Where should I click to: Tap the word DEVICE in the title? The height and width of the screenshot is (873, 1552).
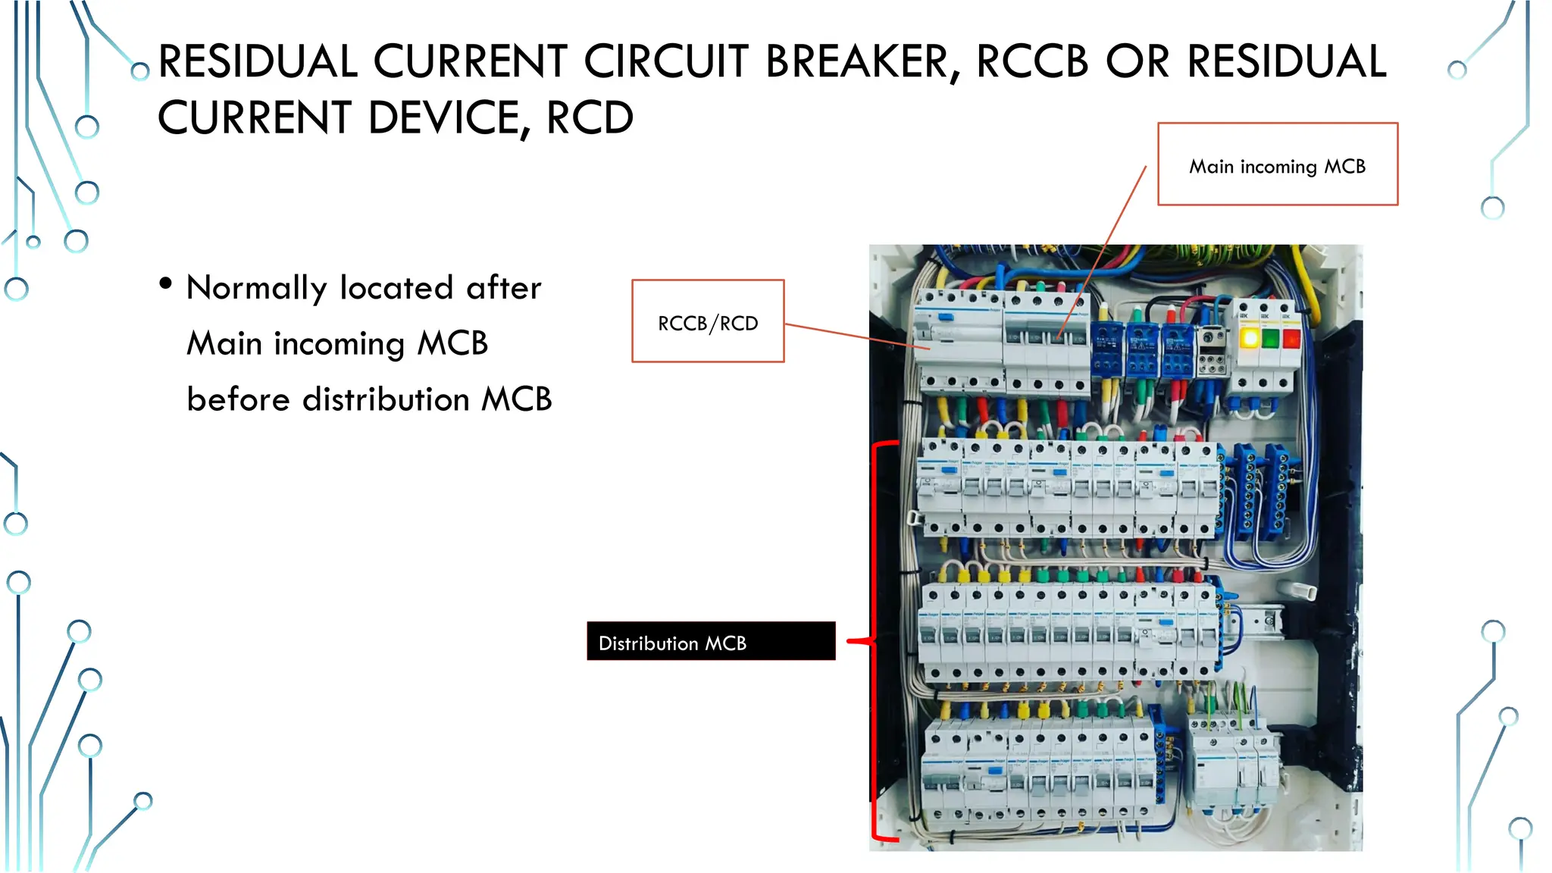tap(449, 118)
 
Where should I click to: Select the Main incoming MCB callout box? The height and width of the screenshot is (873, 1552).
tap(1277, 164)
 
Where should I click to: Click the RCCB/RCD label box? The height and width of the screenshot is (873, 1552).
tap(708, 321)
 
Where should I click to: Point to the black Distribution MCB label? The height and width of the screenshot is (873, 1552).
tap(711, 642)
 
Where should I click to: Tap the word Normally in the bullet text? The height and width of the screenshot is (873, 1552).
tap(256, 289)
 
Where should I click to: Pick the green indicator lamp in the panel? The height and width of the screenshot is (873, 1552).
tap(1271, 338)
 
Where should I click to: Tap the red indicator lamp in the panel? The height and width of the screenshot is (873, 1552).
tap(1291, 338)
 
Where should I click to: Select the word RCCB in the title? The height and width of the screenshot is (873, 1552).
tap(1032, 62)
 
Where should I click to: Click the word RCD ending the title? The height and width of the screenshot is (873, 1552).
tap(590, 118)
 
